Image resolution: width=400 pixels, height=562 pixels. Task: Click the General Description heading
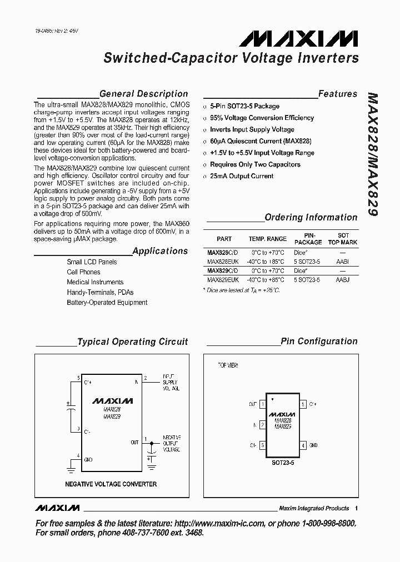143,94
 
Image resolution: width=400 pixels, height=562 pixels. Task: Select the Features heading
337,94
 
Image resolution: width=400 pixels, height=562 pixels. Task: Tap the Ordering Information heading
311,217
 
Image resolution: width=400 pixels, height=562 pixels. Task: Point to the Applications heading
160,251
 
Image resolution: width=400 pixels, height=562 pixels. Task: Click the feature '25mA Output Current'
241,176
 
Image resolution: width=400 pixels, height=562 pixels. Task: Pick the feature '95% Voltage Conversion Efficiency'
262,118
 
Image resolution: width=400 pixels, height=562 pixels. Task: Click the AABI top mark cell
343,261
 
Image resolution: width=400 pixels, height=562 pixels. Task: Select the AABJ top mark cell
343,280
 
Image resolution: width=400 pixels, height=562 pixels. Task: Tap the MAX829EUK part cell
223,280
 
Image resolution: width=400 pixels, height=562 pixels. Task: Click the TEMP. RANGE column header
267,239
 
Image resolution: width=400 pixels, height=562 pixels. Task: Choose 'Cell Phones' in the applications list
83,272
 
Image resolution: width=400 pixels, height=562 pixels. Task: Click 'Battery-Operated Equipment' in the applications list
107,303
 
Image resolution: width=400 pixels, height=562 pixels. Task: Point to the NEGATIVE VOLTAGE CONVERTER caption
111,484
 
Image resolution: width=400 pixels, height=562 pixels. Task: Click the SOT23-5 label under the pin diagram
283,461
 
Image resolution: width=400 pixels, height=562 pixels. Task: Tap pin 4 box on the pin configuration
303,445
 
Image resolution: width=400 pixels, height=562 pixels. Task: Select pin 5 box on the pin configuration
303,404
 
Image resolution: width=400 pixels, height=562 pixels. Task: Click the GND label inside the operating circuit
88,460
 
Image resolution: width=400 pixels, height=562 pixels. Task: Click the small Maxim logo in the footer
57,508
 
